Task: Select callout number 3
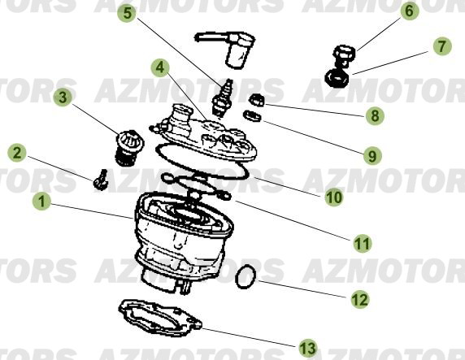pyautogui.click(x=61, y=98)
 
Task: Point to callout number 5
pyautogui.click(x=127, y=14)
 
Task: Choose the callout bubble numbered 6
pyautogui.click(x=408, y=11)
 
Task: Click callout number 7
pyautogui.click(x=441, y=46)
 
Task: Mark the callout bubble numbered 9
pyautogui.click(x=372, y=154)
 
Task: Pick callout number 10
pyautogui.click(x=334, y=196)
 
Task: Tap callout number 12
pyautogui.click(x=359, y=299)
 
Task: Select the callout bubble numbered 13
pyautogui.click(x=306, y=348)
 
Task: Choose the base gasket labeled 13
pyautogui.click(x=159, y=319)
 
